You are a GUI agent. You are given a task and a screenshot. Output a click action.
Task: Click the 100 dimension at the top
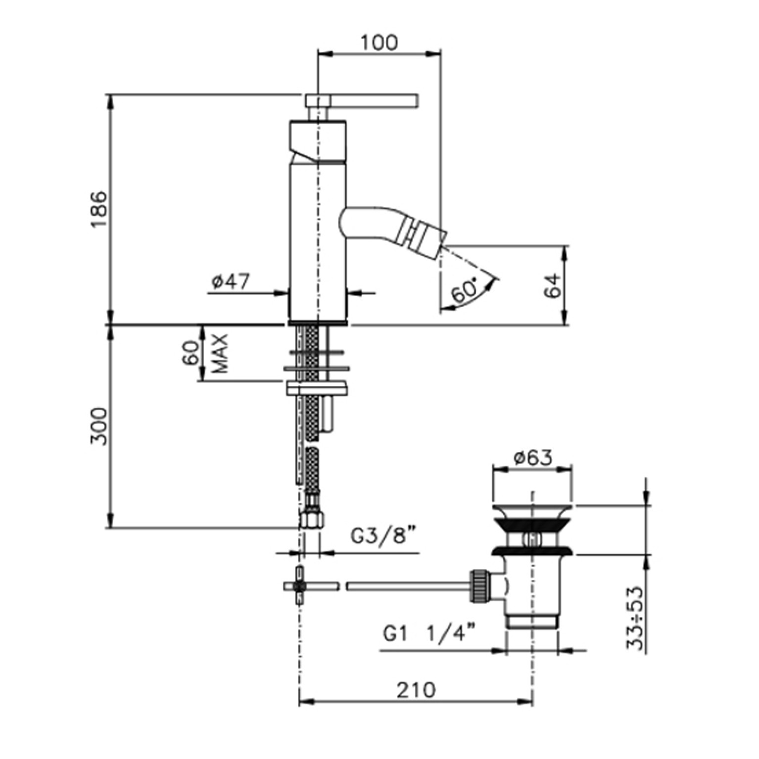pos(379,43)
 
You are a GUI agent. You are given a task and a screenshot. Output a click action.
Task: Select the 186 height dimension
pos(99,209)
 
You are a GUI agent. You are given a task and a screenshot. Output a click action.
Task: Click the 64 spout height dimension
pos(553,285)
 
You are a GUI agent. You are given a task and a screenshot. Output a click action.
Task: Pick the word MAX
pos(220,353)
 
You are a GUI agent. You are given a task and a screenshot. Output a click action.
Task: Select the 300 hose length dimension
pos(99,426)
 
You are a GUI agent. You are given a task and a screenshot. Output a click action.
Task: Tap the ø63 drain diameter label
pos(532,458)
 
